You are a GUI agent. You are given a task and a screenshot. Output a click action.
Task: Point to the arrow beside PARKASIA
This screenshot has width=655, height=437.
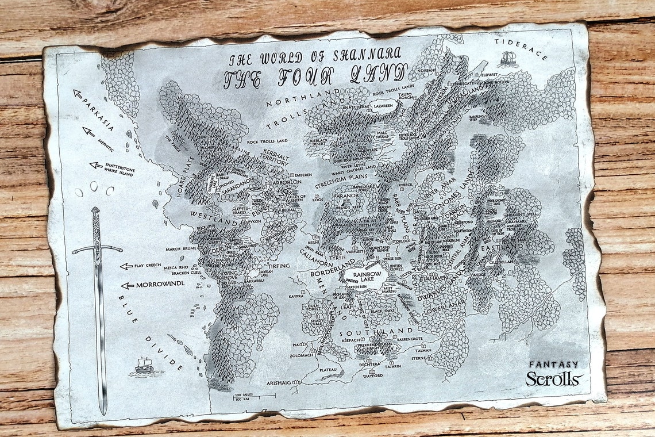click(x=78, y=94)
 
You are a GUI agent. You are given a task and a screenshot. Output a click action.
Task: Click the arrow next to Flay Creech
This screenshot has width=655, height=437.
click(x=126, y=266)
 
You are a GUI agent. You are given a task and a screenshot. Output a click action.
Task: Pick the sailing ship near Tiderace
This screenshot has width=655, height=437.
click(x=507, y=58)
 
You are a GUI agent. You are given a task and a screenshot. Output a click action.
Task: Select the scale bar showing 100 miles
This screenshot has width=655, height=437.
click(x=253, y=396)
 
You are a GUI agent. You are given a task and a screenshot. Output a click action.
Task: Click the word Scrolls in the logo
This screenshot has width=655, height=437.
click(x=553, y=378)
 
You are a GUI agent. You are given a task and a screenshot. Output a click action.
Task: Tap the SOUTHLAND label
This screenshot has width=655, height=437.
click(x=376, y=332)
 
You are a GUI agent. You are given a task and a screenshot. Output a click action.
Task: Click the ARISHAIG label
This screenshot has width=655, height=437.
click(x=283, y=382)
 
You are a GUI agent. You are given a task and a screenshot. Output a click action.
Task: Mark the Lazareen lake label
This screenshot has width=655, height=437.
click(x=384, y=106)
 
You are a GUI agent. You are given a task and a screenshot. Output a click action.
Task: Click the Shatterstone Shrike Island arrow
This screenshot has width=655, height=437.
click(x=96, y=165)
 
